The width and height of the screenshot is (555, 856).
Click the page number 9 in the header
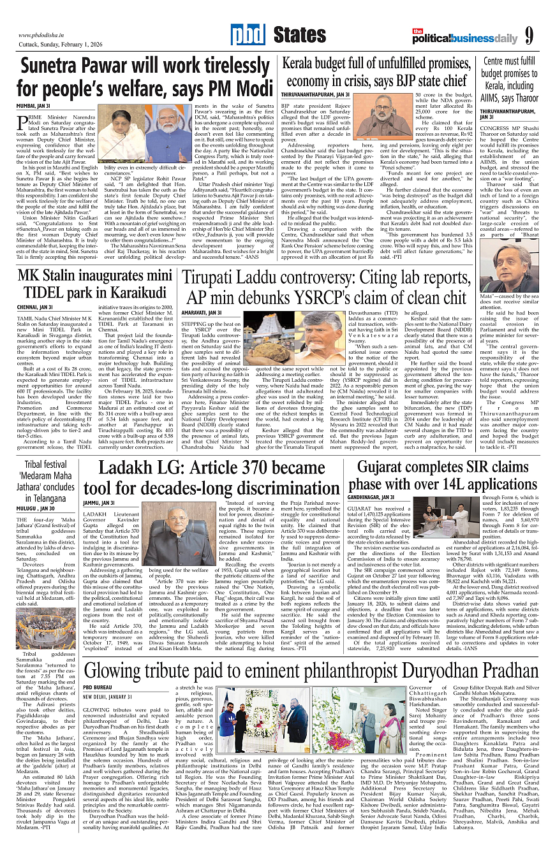(x=529, y=36)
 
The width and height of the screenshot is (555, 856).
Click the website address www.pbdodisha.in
(x=44, y=35)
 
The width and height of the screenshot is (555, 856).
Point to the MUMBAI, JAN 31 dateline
(x=33, y=105)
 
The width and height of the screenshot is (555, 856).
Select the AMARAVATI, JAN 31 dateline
(x=202, y=312)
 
